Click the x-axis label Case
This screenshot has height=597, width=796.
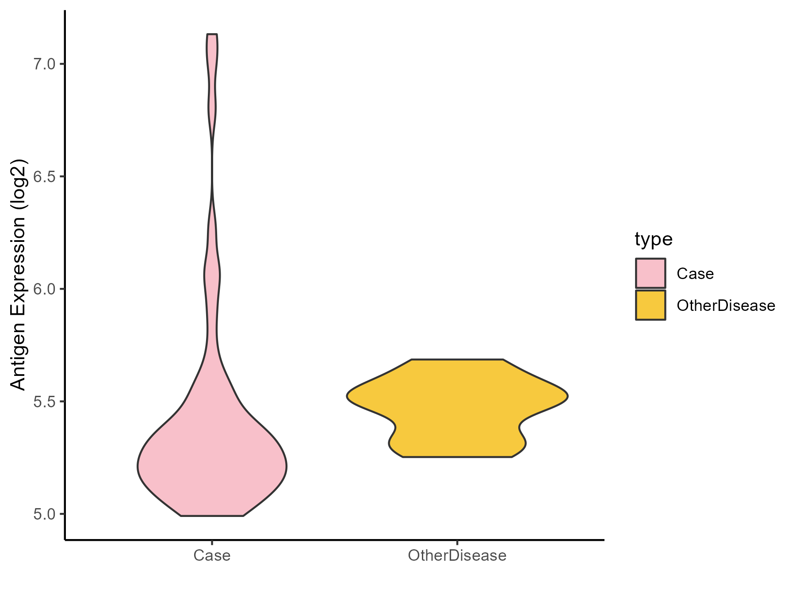tap(212, 555)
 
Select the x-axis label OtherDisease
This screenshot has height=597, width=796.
tap(457, 555)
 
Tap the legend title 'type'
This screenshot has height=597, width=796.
tap(653, 239)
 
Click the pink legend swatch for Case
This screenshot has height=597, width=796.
tap(651, 273)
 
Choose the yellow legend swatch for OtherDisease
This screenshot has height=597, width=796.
tap(651, 305)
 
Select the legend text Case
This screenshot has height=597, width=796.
tap(695, 274)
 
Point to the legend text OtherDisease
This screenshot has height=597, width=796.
tap(726, 306)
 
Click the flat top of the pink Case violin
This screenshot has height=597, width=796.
tap(212, 34)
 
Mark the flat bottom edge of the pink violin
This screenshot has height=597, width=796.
tap(212, 516)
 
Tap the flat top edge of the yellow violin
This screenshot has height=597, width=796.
tap(457, 360)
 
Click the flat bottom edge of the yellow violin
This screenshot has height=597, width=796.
tap(457, 457)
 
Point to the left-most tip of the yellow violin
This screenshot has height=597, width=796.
tap(347, 396)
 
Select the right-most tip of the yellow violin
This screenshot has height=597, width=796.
tap(567, 396)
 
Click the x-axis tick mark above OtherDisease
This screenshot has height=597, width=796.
tap(457, 543)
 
